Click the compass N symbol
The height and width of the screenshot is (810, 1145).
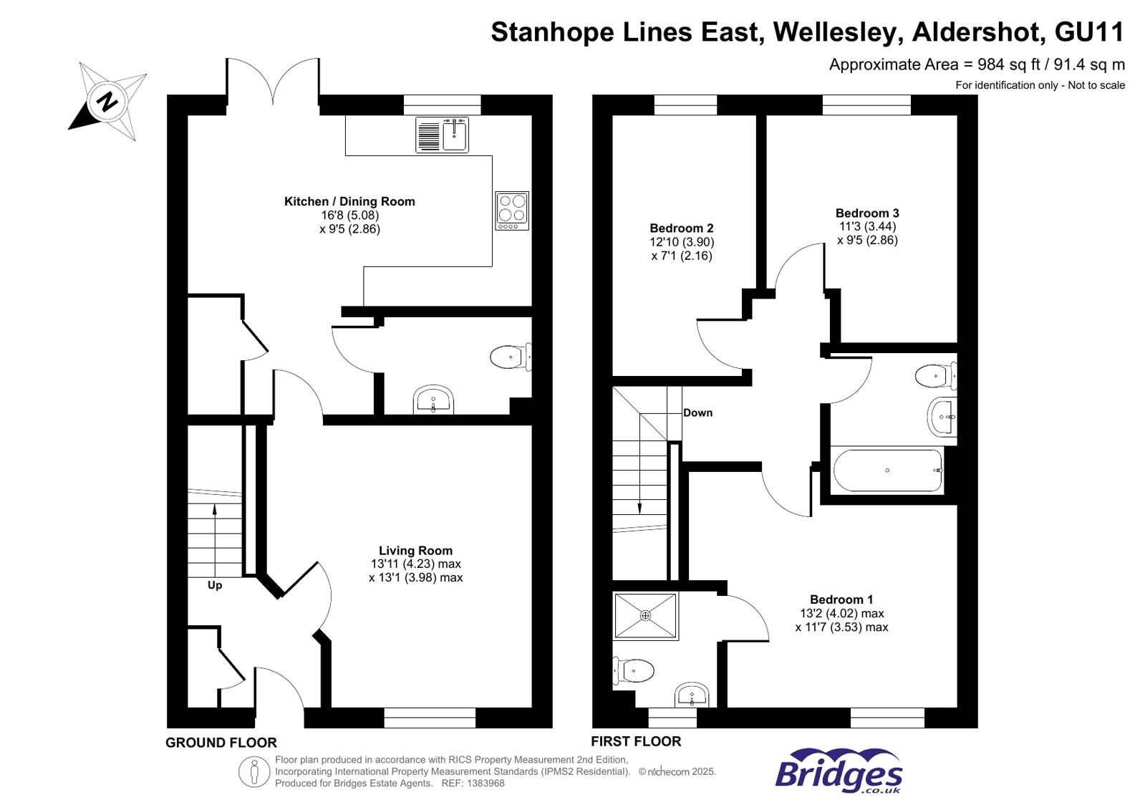coord(107,101)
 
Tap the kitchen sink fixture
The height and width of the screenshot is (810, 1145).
coord(442,135)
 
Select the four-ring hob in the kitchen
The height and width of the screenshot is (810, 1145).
coord(512,211)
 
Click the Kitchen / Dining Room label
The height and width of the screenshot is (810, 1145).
coord(349,202)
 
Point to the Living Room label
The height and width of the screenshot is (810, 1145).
coord(415,551)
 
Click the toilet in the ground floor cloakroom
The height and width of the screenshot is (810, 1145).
coord(509,357)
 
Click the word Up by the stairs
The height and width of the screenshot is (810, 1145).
coord(215,585)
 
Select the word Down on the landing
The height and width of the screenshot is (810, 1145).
coord(697,413)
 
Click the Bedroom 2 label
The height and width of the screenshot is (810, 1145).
coord(681,228)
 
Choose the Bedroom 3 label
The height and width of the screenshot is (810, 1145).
coord(867,213)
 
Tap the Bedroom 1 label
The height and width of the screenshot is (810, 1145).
coord(841,600)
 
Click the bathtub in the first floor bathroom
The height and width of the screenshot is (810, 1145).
coord(887,471)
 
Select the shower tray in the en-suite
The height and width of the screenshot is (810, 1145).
coord(645,616)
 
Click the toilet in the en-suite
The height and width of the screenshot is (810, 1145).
coord(634,671)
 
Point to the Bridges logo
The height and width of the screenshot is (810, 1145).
coord(839,771)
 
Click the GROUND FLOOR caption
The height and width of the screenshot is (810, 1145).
coord(221,743)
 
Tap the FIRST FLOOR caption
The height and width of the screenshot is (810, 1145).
coord(636,742)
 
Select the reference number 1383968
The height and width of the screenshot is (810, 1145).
coord(485,784)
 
